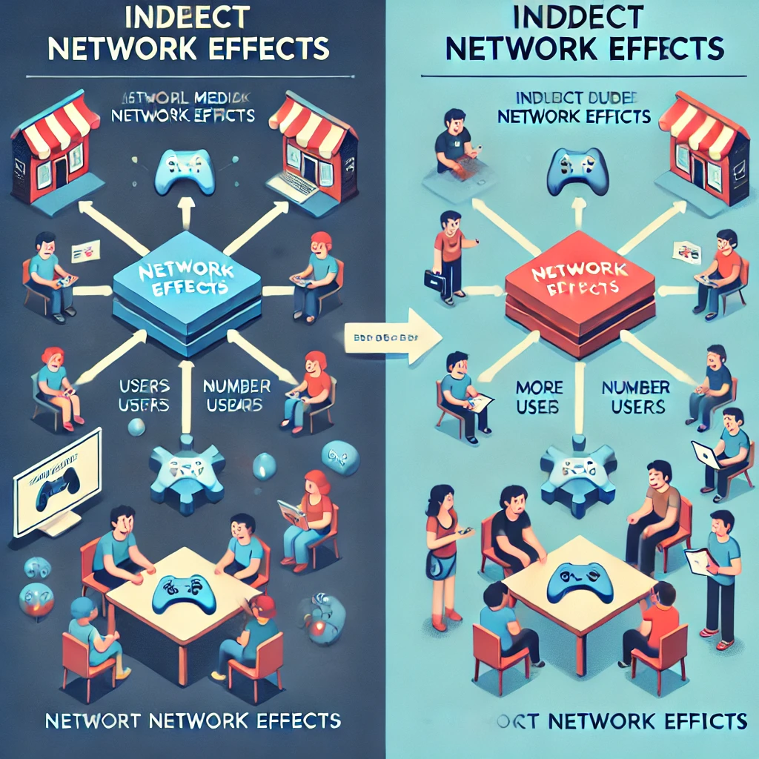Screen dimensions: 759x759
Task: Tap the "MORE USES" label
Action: (540, 397)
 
